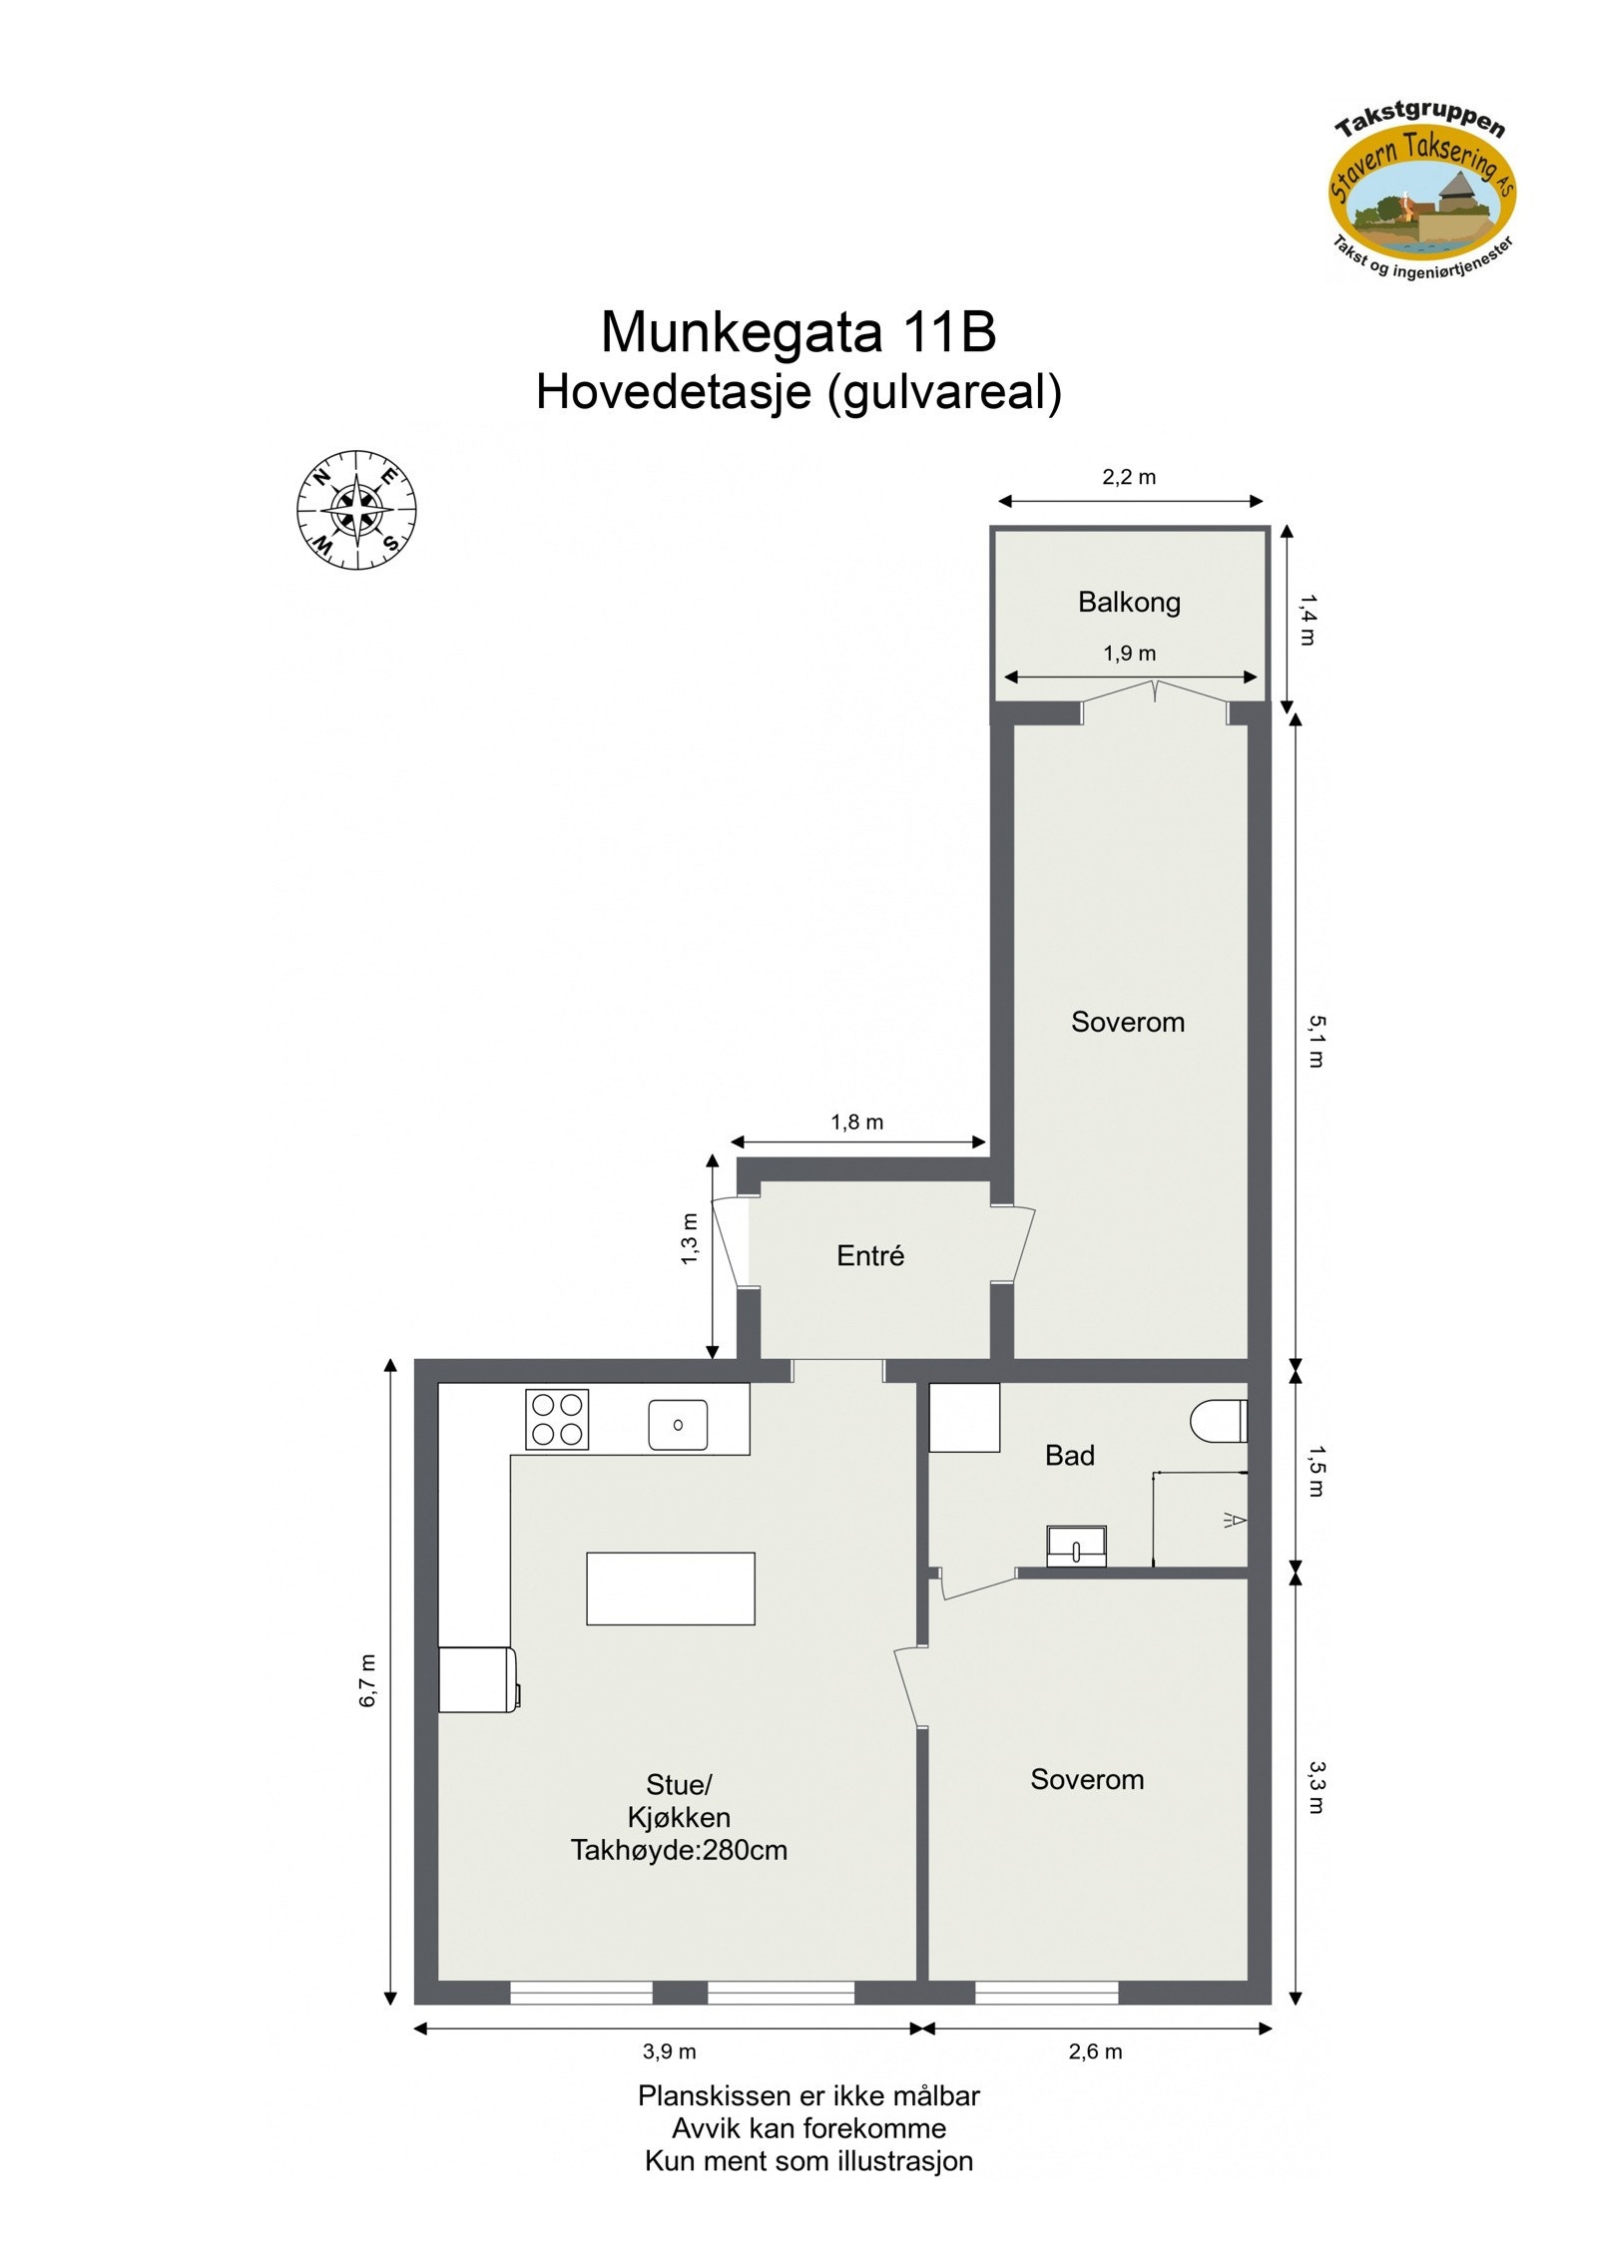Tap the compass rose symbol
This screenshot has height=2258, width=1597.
click(x=356, y=509)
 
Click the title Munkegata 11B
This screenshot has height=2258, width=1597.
click(x=798, y=331)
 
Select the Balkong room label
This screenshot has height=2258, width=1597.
click(x=1129, y=602)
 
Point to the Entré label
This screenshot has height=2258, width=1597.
click(x=870, y=1255)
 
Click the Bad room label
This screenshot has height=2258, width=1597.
click(x=1070, y=1455)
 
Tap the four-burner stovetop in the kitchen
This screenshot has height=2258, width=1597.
click(x=557, y=1419)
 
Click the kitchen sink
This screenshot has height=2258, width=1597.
click(x=678, y=1424)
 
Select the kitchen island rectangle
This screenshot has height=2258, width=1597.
click(x=670, y=1588)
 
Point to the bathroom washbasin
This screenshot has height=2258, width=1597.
click(x=1076, y=1546)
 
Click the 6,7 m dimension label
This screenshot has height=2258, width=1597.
click(x=368, y=1681)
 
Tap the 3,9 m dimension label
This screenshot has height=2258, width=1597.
click(x=669, y=2051)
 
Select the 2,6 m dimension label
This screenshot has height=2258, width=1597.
click(x=1095, y=2051)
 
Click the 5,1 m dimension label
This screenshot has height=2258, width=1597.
click(x=1317, y=1041)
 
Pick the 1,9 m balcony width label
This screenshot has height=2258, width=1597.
click(x=1129, y=654)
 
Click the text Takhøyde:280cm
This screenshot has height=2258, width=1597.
click(x=679, y=1850)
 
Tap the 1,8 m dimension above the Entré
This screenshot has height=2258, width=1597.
click(x=857, y=1122)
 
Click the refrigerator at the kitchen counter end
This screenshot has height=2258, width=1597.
click(x=478, y=1679)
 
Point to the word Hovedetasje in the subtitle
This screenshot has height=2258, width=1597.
click(x=673, y=392)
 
